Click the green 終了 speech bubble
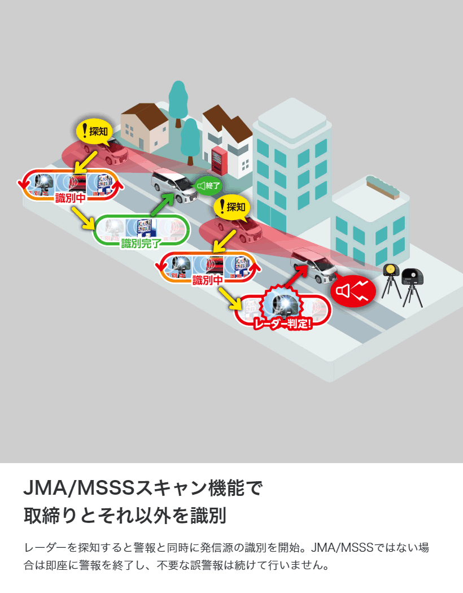click(208, 185)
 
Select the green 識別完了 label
click(141, 243)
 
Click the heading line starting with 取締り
click(125, 515)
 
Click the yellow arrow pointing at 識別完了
click(82, 218)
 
